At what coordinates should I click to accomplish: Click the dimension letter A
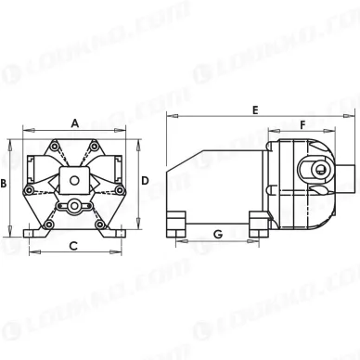[x=75, y=123]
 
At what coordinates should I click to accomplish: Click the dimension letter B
[x=4, y=184]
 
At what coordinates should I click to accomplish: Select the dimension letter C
[x=73, y=246]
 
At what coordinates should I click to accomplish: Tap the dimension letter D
[x=145, y=181]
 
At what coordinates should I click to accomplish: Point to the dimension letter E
[x=255, y=110]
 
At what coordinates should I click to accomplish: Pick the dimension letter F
[x=302, y=125]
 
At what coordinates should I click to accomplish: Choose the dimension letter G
[x=218, y=234]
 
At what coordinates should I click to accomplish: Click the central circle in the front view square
[x=74, y=180]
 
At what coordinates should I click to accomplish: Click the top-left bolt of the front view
[x=55, y=146]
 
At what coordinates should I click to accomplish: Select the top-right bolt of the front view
[x=94, y=146]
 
